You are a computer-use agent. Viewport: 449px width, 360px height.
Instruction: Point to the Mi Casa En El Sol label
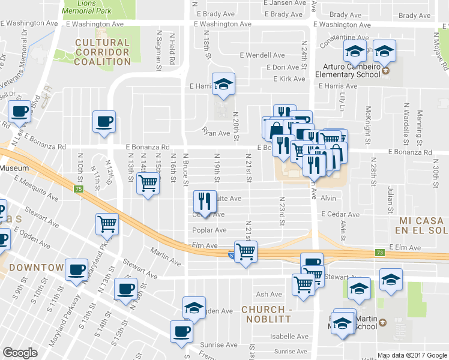click(x=423, y=226)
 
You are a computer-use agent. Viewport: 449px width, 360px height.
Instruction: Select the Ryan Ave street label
click(x=216, y=131)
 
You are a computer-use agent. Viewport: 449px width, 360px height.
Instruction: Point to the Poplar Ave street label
click(x=209, y=230)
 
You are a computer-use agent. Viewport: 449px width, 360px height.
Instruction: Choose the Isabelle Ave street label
click(x=290, y=337)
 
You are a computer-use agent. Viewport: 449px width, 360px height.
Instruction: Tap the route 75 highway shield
click(x=79, y=190)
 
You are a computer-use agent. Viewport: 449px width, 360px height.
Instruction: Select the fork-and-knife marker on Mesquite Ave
click(x=205, y=201)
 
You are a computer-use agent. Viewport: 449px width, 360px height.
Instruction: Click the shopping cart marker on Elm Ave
click(x=246, y=251)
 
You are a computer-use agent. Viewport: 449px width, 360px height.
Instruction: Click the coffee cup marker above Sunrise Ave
click(x=181, y=331)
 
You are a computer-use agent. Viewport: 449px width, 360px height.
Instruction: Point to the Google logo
click(x=20, y=353)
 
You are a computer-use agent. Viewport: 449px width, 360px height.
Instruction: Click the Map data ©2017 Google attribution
click(x=412, y=355)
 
